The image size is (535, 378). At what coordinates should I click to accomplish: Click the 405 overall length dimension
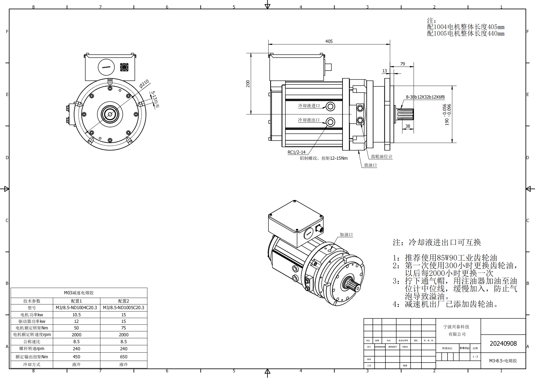tap(329, 41)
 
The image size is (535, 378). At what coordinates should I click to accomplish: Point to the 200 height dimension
tap(248, 83)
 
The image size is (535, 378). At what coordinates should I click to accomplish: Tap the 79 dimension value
tap(403, 64)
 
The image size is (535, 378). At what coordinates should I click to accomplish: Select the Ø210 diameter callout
tap(144, 83)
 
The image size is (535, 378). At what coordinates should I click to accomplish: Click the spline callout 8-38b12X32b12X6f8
tap(425, 97)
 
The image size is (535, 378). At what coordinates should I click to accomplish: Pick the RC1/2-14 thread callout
tap(297, 152)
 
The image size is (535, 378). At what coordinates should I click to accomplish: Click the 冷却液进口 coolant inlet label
tap(309, 106)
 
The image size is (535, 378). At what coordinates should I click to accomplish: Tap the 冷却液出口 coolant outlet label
tap(309, 120)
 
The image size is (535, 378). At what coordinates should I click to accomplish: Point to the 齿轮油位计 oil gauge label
tap(381, 157)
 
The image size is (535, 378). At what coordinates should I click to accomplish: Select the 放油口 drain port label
tap(370, 165)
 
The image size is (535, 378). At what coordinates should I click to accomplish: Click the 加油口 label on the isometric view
tap(346, 235)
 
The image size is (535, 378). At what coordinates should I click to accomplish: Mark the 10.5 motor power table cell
tap(76, 315)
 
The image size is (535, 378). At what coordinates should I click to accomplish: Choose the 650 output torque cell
tap(124, 357)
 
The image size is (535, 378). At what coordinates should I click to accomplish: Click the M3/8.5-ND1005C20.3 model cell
tap(124, 308)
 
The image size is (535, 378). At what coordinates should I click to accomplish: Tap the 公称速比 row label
tap(32, 342)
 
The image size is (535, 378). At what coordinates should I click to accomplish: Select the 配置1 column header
tap(76, 301)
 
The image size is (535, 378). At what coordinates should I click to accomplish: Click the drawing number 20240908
tap(503, 343)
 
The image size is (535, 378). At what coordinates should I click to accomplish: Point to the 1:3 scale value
tap(475, 357)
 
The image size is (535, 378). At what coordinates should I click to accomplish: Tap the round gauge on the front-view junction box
tap(106, 67)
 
